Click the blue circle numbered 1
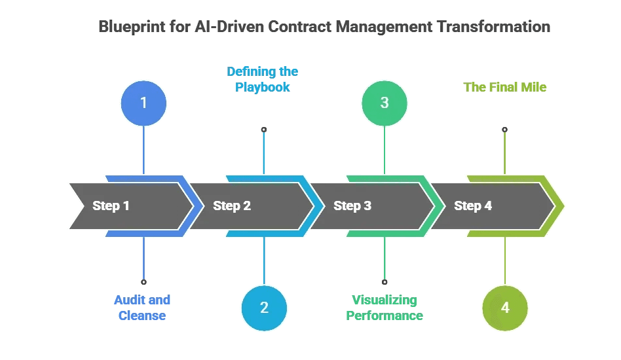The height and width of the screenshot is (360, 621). point(143,103)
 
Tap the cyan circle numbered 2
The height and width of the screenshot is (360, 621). point(264,308)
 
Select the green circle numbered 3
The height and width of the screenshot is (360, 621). point(385,103)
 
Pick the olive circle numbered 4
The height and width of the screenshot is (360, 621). point(505,308)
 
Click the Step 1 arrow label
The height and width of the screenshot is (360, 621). point(111,206)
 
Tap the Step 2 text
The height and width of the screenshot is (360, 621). point(231,206)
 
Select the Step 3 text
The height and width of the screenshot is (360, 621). point(352,206)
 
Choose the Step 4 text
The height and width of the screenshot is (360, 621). point(472,206)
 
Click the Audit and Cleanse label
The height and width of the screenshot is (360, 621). point(142,308)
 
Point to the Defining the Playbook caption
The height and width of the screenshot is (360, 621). point(262,79)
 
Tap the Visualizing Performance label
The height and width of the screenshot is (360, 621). point(385,308)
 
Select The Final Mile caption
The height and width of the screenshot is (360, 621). point(504,87)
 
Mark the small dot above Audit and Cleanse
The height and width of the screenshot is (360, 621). point(143,282)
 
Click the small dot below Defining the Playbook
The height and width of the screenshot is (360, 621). point(264,130)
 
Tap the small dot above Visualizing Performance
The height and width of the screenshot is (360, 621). point(385,282)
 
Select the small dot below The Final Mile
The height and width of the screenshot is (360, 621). point(504,130)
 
